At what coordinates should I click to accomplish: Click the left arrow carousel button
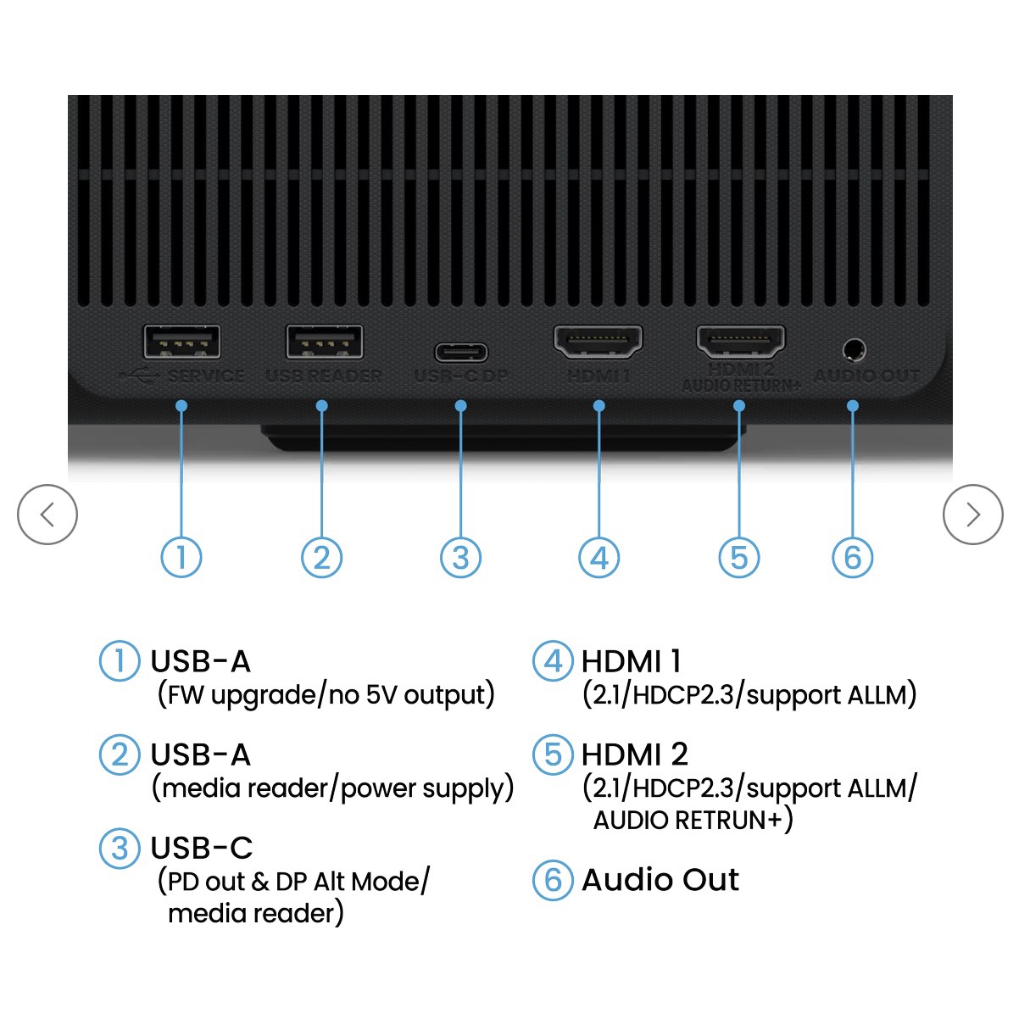point(47,515)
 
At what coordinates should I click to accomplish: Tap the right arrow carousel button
point(972,515)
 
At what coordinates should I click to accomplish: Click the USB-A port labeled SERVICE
point(182,342)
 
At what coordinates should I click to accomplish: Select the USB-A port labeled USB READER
point(325,342)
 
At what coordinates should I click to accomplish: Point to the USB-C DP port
point(461,351)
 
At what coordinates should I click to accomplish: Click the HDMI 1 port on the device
point(598,341)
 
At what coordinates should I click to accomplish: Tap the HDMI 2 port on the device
point(740,341)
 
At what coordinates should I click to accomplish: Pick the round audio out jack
point(854,349)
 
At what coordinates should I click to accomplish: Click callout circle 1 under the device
point(181,558)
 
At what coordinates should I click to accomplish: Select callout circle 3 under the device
point(460,558)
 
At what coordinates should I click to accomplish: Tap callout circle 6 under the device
point(852,558)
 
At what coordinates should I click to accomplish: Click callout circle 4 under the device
point(599,558)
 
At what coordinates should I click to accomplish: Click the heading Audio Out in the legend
point(660,880)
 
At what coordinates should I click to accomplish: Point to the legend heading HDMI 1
point(631,661)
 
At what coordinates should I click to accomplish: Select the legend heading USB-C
point(201,848)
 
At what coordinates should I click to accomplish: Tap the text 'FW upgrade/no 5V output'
point(326,695)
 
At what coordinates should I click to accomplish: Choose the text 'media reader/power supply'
point(332,788)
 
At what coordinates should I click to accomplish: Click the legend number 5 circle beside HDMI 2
point(553,754)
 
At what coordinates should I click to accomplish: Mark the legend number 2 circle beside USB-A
point(120,754)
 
